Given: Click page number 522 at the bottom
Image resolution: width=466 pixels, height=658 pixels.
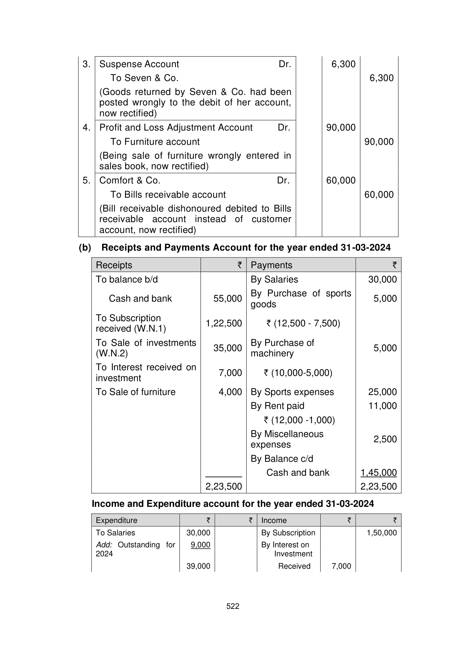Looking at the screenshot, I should click(233, 606).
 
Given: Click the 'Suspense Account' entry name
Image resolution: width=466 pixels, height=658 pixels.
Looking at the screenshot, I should click(139, 64).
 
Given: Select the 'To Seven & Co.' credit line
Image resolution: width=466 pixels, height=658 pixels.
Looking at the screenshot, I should click(144, 78).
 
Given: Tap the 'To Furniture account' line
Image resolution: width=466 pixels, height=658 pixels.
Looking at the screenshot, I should click(155, 142).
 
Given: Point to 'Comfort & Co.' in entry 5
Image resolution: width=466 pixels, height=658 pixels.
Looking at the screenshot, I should click(130, 180).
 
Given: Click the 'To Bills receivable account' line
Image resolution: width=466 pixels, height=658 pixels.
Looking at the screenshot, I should click(168, 195).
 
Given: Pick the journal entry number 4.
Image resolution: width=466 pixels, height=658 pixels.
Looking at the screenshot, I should click(86, 128).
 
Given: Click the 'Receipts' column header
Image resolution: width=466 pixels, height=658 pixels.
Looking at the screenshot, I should click(114, 265).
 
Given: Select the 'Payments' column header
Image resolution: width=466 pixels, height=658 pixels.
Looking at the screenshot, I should click(271, 265).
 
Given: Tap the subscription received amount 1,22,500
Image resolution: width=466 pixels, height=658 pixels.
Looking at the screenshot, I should click(224, 323).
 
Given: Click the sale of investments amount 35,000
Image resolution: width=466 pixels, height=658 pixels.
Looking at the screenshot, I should click(228, 348).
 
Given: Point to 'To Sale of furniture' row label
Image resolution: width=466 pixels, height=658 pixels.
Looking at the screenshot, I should click(136, 392).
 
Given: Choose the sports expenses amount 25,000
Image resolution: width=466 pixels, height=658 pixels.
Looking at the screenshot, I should click(382, 392).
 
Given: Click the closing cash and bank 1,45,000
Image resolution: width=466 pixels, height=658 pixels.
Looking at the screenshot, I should click(379, 473).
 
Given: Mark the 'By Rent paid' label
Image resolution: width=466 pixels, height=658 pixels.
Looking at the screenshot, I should click(277, 406).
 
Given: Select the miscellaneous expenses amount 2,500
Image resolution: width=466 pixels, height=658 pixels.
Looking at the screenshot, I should click(385, 439).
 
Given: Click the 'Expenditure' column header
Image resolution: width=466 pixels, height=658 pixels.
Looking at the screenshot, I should click(116, 520).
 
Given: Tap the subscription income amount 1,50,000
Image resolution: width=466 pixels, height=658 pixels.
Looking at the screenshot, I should click(382, 533).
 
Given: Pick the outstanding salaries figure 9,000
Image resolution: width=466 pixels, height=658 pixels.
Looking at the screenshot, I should click(201, 545).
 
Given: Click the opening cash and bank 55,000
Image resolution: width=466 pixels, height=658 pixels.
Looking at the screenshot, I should click(228, 299).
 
